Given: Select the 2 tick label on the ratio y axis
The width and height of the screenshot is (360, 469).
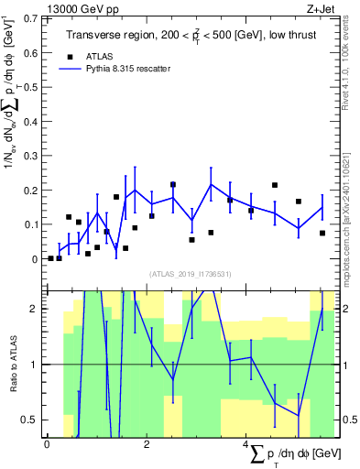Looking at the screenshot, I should tap(34, 310).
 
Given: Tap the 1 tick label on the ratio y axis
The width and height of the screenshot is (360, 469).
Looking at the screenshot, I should tap(34, 365).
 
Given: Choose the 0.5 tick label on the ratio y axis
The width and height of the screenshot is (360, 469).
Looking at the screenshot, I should tap(29, 420).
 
